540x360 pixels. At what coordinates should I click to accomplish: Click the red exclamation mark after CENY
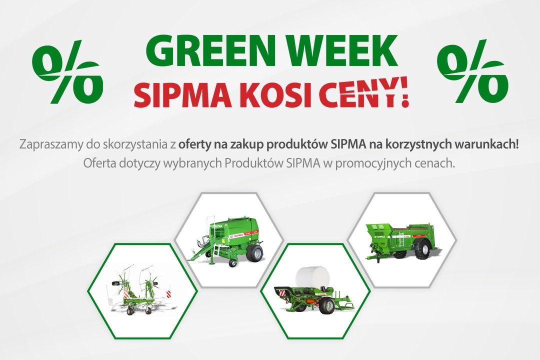pyautogui.click(x=403, y=93)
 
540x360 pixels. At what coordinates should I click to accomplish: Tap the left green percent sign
pyautogui.click(x=67, y=71)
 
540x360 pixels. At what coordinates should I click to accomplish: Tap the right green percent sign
pyautogui.click(x=472, y=71)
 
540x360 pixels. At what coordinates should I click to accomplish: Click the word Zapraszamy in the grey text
pyautogui.click(x=51, y=144)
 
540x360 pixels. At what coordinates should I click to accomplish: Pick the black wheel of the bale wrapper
pyautogui.click(x=327, y=305)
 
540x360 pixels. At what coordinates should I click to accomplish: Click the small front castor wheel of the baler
pyautogui.click(x=233, y=263)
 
